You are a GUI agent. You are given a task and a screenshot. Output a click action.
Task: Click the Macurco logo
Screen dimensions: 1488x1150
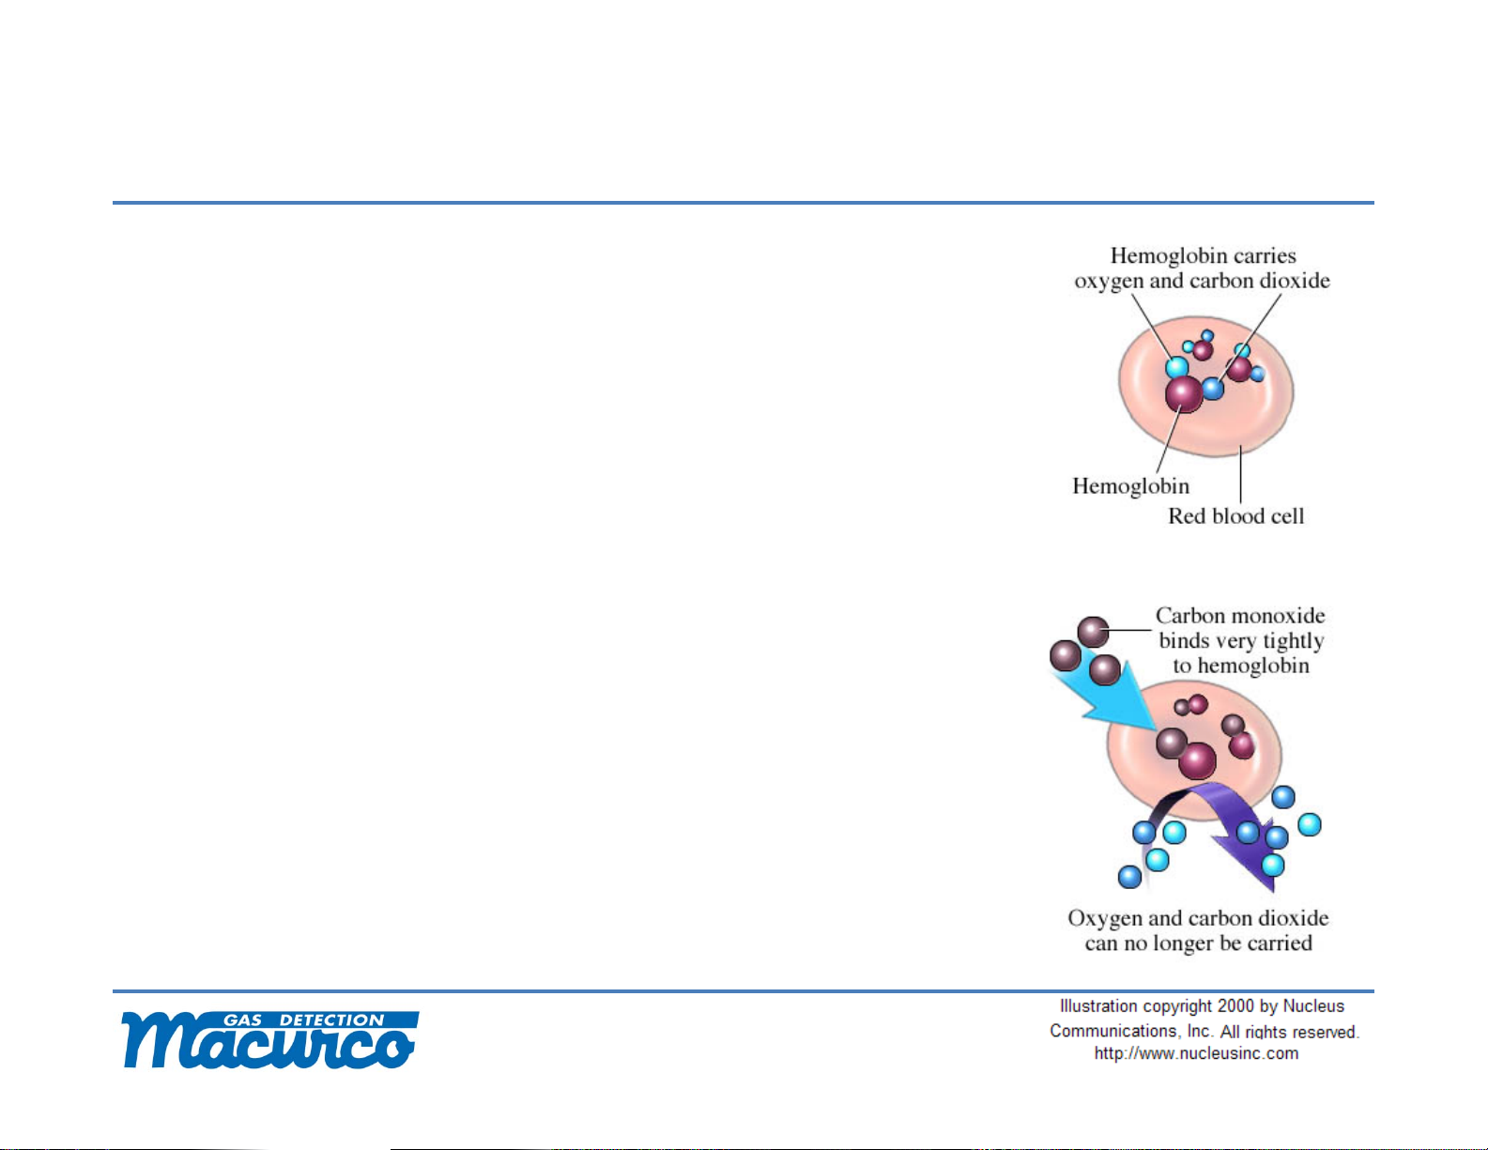pos(270,1040)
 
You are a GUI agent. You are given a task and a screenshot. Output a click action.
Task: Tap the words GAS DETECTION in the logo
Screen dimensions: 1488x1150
pos(304,1020)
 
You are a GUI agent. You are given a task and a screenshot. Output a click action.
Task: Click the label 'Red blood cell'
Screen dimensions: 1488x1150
pos(1236,516)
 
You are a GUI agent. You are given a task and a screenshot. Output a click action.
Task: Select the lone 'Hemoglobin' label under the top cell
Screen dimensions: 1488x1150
pos(1130,486)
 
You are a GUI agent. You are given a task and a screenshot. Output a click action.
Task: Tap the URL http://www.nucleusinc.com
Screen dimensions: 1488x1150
pos(1196,1053)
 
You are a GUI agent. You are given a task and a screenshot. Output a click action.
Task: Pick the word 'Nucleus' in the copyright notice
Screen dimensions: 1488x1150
pos(1313,1006)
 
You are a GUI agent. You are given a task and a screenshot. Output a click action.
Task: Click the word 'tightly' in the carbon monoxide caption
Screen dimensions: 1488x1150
pos(1289,641)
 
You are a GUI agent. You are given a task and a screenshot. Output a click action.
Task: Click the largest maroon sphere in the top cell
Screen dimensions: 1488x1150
pos(1184,393)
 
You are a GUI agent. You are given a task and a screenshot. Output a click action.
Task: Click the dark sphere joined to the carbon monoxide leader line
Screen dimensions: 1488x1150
pos(1094,631)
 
